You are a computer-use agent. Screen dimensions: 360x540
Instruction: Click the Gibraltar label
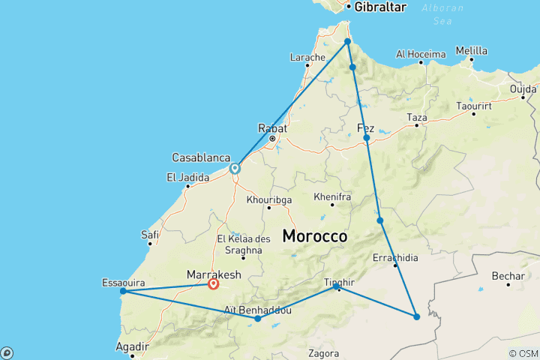point(380,7)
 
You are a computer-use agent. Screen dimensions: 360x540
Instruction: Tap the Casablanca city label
point(200,157)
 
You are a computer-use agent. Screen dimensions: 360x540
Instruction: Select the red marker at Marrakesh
point(214,283)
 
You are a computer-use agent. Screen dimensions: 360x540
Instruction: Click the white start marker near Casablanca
point(235,169)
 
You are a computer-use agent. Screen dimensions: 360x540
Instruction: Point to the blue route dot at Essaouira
point(123,290)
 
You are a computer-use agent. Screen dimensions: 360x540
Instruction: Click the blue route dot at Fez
point(367,138)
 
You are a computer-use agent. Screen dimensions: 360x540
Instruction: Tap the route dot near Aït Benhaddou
point(258,319)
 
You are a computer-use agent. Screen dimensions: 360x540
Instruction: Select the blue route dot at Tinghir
point(337,286)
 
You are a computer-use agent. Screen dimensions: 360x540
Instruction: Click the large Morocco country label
point(314,235)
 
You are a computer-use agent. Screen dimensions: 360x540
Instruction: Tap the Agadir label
point(131,347)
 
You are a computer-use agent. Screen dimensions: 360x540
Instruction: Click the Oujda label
point(523,88)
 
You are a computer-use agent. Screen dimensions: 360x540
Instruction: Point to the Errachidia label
point(395,258)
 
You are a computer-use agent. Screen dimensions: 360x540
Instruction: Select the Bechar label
point(508,276)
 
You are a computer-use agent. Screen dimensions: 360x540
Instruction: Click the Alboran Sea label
point(442,15)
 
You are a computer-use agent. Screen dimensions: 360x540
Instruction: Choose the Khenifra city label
point(333,196)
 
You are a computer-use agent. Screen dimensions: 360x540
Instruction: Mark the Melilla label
point(472,51)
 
